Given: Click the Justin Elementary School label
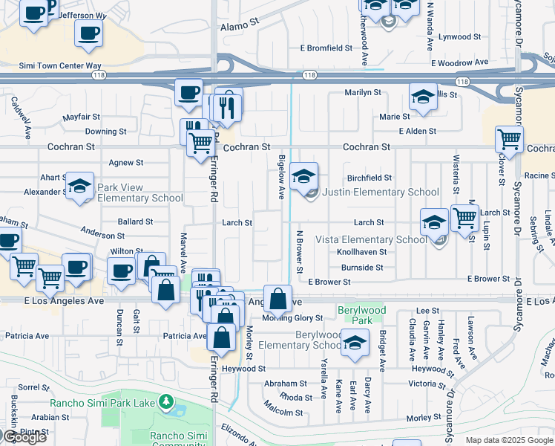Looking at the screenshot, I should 381,192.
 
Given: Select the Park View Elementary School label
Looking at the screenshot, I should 140,193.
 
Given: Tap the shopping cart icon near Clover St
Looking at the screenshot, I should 509,139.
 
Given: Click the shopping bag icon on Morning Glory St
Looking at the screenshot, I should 277,300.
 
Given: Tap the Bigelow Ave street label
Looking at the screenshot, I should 281,178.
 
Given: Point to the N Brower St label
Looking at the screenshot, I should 301,250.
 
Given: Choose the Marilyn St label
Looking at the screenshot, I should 362,93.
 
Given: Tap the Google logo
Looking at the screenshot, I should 24,437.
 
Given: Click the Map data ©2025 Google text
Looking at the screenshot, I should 509,440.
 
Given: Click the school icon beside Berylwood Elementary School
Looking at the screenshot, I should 355,341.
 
